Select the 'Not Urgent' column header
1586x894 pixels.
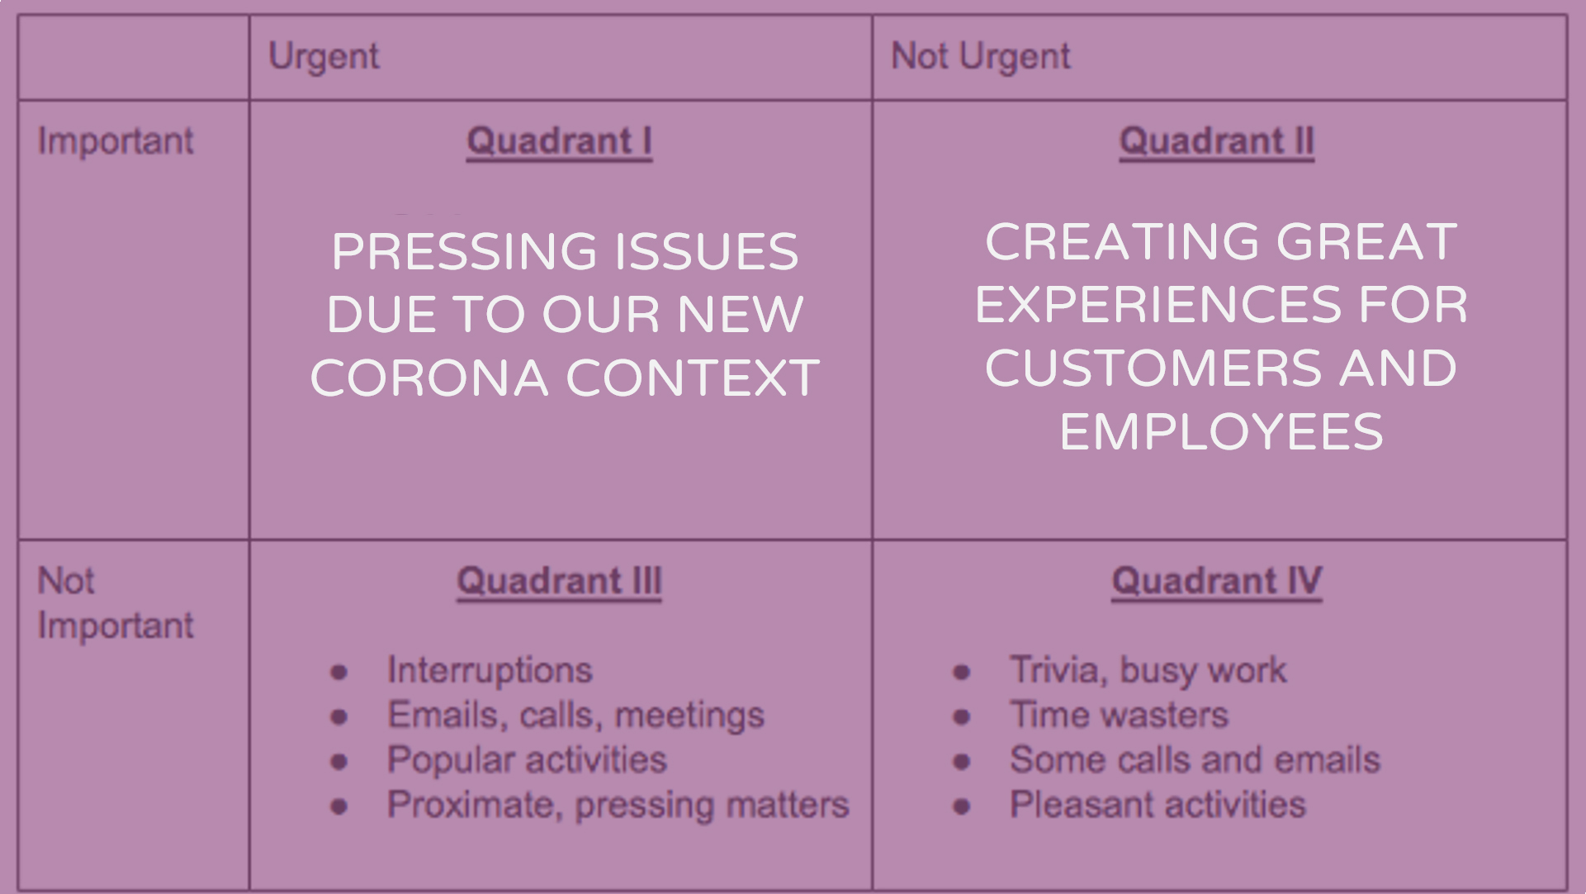tap(981, 57)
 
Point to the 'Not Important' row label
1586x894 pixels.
tap(116, 603)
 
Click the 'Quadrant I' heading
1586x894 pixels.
tap(560, 141)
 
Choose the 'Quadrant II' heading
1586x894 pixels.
tap(1217, 141)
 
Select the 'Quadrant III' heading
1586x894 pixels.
tap(560, 581)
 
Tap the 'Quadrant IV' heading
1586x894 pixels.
tap(1217, 581)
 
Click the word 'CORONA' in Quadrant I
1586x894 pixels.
tap(429, 378)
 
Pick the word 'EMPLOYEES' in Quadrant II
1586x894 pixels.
tap(1221, 432)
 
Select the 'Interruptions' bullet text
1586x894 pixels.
tap(490, 671)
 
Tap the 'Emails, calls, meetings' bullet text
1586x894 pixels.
tap(576, 716)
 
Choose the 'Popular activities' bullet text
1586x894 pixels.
tap(527, 760)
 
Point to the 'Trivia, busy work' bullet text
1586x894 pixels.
tap(1148, 671)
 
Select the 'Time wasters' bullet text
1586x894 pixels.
tap(1120, 716)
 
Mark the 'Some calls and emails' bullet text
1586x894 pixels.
tap(1195, 760)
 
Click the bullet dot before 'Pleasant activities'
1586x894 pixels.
tap(962, 806)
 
